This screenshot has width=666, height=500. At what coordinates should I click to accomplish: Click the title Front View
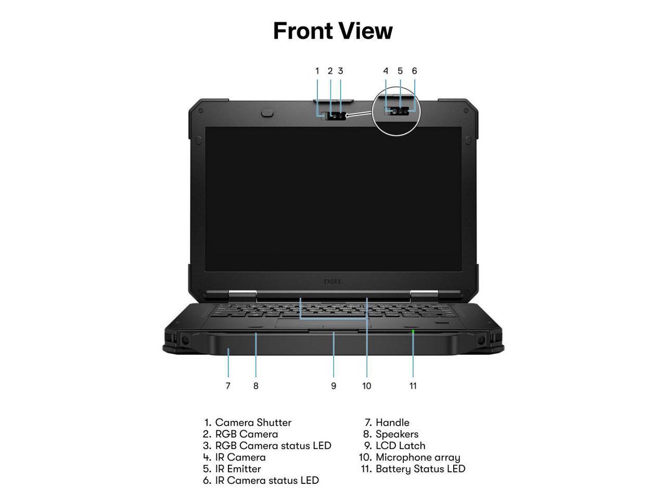pos(333,31)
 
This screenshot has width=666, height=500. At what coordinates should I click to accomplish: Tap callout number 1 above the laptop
pos(317,71)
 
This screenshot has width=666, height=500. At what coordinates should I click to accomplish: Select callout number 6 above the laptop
pos(414,71)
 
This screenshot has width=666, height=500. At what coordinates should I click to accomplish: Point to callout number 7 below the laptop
pos(228,386)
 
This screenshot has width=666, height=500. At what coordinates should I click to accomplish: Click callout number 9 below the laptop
pos(334,386)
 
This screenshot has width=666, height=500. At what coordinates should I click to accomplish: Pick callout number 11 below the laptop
pos(413,386)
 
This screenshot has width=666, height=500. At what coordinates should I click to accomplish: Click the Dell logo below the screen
pos(333,282)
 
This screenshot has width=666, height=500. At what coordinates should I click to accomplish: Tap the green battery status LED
pos(413,331)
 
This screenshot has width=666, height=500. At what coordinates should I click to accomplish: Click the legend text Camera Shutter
pos(253,422)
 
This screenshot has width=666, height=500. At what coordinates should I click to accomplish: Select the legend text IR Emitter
pos(238,469)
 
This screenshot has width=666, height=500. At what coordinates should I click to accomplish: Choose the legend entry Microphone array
pos(417,457)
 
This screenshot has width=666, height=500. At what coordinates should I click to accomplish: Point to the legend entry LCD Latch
pos(400,446)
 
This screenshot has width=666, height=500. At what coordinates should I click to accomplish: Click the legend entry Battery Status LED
pos(420,469)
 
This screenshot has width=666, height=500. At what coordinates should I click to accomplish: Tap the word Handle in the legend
pos(392,422)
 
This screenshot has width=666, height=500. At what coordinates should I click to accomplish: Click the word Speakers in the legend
pos(396,434)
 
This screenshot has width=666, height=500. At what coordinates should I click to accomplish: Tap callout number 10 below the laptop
pos(367,386)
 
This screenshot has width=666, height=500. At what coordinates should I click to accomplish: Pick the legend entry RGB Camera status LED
pos(273,446)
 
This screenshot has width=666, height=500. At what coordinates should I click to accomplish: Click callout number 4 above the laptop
pos(386,71)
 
